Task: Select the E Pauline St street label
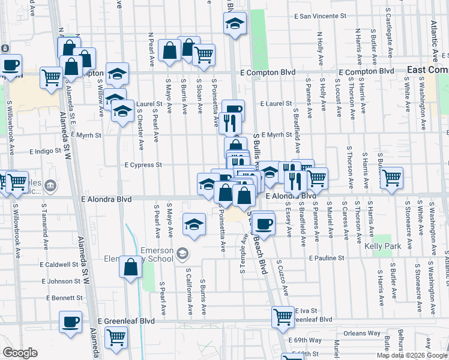pos(327,258)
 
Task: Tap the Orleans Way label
pos(362,333)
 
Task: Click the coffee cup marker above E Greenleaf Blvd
pos(71,322)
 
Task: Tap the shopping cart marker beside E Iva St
pos(283,316)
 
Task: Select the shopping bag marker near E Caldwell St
pos(130,267)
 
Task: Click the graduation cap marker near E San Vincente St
pos(235,25)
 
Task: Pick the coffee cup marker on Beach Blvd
pos(263,224)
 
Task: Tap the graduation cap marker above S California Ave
pos(194,224)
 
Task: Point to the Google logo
pos(20,353)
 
